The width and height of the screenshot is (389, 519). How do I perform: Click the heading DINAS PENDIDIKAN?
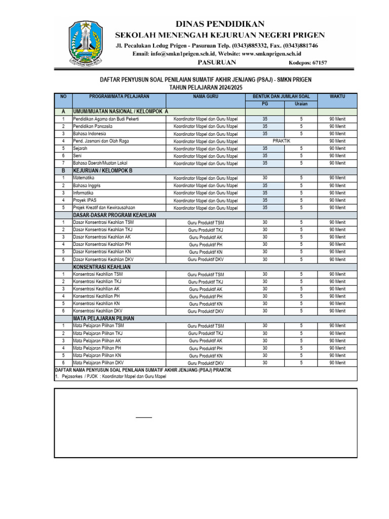pos(220,24)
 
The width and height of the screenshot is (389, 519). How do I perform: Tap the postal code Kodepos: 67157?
pos(307,63)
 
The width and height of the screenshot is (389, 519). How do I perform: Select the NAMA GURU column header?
pos(205,96)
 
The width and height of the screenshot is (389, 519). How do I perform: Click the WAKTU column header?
pos(337,96)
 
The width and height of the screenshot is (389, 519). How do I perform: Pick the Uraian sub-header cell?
pos(301,104)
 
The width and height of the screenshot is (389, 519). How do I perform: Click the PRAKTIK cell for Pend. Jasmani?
pos(282,141)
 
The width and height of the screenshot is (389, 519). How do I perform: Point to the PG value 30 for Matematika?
pos(265,178)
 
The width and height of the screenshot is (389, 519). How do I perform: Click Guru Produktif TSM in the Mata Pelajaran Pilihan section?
pos(205,326)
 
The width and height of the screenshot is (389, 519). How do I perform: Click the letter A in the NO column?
pos(63,111)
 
